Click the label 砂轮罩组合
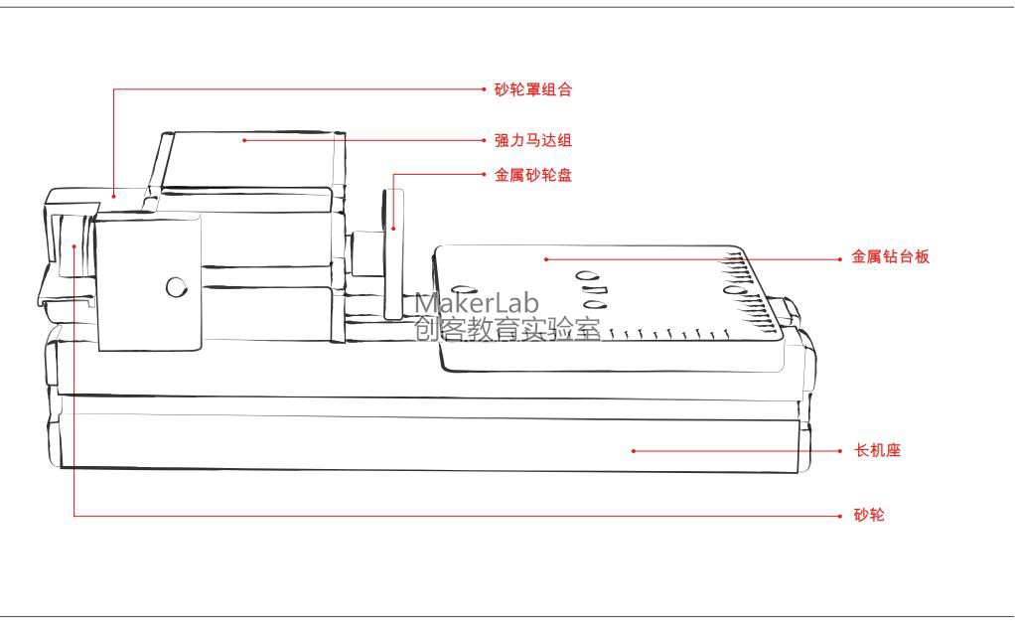pyautogui.click(x=533, y=89)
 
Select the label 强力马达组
pyautogui.click(x=533, y=141)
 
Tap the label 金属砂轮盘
pyautogui.click(x=533, y=176)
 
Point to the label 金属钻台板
pyautogui.click(x=890, y=257)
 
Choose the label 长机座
pyautogui.click(x=877, y=451)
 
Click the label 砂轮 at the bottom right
pyautogui.click(x=868, y=516)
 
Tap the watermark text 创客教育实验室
pyautogui.click(x=507, y=329)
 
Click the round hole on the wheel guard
pyautogui.click(x=176, y=287)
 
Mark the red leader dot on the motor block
pyautogui.click(x=243, y=141)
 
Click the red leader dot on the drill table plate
pyautogui.click(x=545, y=258)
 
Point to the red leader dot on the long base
pyautogui.click(x=634, y=451)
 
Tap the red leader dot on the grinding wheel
pyautogui.click(x=74, y=244)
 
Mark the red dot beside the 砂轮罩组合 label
pyautogui.click(x=483, y=89)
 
